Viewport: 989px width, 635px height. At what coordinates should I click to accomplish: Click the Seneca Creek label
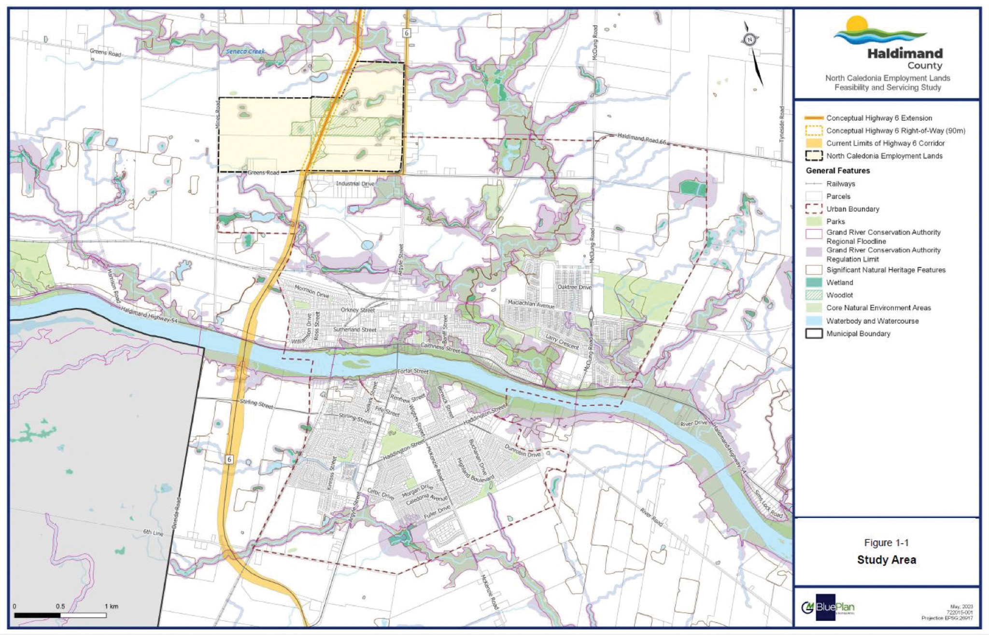pos(245,51)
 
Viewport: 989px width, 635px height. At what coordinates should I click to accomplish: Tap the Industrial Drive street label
pos(355,184)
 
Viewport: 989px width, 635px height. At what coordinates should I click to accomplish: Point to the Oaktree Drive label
pos(574,287)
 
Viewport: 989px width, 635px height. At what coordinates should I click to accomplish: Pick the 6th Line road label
pos(153,533)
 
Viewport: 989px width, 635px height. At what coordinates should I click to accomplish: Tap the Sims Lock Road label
pos(769,504)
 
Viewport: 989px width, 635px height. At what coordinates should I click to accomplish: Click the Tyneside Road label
pos(782,124)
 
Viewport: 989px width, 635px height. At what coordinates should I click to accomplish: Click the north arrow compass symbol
pos(750,40)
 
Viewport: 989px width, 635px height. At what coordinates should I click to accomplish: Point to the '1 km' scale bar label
pos(111,607)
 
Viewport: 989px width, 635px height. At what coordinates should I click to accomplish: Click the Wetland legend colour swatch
pos(814,283)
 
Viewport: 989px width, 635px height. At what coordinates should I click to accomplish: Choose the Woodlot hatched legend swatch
pos(814,295)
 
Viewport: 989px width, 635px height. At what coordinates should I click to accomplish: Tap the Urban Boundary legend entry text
pos(852,209)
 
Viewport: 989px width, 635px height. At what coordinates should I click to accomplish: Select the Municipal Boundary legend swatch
pos(814,334)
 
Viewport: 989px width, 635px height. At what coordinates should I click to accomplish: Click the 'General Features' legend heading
pos(837,171)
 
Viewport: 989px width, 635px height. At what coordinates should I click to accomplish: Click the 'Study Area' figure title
pos(886,560)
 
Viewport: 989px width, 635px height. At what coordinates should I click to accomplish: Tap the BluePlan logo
pos(828,607)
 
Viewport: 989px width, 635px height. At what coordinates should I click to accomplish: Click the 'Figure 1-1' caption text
pos(886,543)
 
